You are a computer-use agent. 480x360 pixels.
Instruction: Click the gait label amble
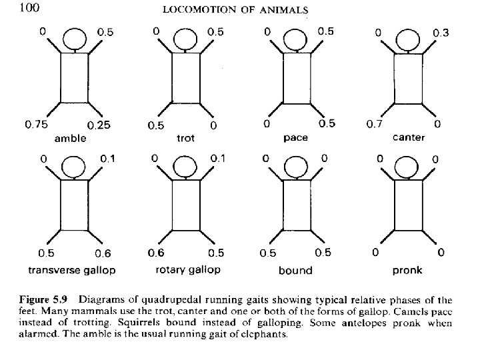(x=71, y=139)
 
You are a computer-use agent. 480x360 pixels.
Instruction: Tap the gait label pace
(x=295, y=139)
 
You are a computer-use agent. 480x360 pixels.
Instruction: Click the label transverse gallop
(x=72, y=270)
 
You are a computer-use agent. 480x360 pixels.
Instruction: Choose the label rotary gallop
(x=184, y=270)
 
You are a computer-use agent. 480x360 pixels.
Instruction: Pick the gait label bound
(x=295, y=270)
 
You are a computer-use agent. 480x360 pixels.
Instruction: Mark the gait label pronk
(x=407, y=270)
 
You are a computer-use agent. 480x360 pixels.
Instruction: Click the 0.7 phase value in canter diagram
(x=375, y=125)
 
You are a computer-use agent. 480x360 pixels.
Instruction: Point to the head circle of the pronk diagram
(x=407, y=168)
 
